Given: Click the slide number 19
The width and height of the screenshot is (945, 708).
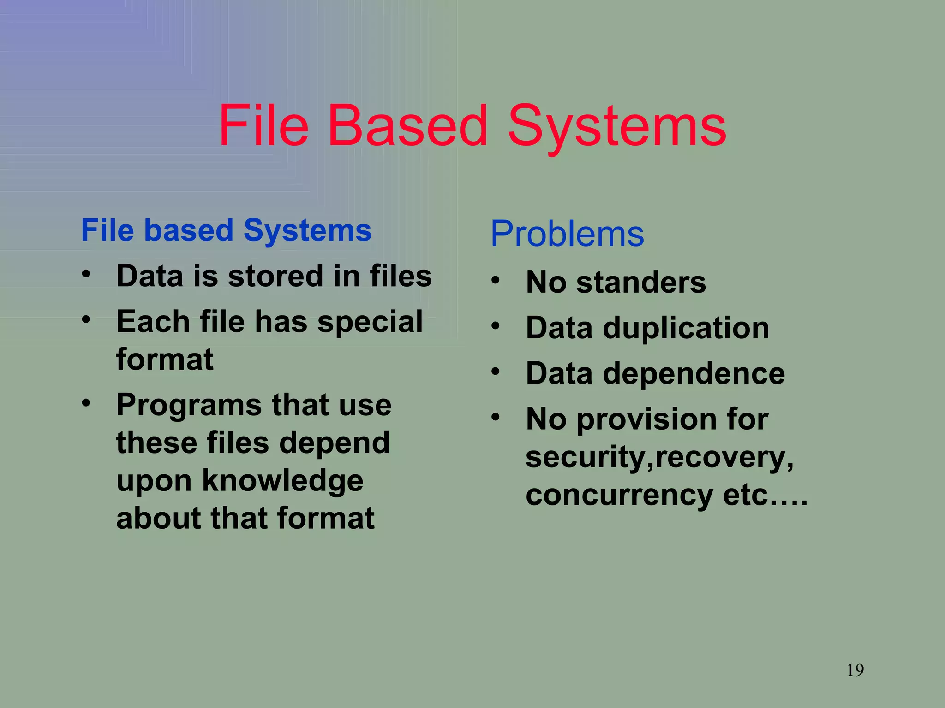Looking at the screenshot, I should coord(855,670).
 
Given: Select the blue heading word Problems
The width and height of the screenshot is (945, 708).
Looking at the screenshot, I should coord(567,234).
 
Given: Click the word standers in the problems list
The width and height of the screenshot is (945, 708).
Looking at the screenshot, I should coord(641,282).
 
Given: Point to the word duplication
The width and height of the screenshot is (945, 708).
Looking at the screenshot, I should coord(686,328).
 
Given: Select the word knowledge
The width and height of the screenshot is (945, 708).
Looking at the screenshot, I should coord(282,480).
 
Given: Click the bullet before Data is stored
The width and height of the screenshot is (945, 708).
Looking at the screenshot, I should coord(86,274).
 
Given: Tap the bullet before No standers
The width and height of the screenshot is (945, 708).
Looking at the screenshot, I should coord(496,280).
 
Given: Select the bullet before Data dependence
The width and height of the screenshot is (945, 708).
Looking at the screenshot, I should coord(496,371).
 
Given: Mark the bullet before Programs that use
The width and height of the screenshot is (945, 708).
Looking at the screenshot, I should coord(86,403).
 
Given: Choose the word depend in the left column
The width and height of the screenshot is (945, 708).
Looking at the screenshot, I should coord(335,442).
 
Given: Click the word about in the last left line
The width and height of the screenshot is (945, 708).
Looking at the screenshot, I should coord(158,518).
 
